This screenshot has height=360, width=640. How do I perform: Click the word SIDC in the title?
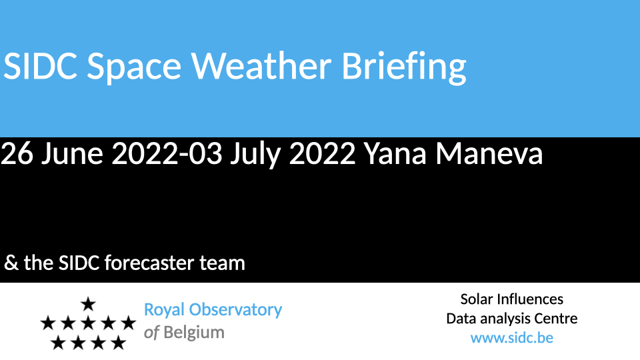(x=40, y=66)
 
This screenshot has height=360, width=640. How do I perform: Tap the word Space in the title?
(x=134, y=67)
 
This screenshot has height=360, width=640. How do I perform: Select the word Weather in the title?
(x=261, y=65)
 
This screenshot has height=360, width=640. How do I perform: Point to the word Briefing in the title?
(x=404, y=67)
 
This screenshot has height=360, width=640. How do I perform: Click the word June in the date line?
(x=72, y=154)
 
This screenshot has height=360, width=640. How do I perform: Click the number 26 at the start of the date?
(x=17, y=154)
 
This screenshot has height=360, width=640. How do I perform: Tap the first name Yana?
(x=395, y=154)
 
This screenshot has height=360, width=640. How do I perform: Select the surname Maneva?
(x=489, y=154)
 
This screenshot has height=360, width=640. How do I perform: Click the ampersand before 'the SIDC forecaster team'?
(x=11, y=263)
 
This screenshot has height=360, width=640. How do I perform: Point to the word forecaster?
(x=149, y=263)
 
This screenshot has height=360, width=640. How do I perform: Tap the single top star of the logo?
(x=88, y=305)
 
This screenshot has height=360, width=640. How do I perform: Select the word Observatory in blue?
(x=235, y=310)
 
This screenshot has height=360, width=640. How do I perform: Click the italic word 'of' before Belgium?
(x=151, y=333)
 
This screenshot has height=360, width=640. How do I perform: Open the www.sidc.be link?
(x=512, y=338)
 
